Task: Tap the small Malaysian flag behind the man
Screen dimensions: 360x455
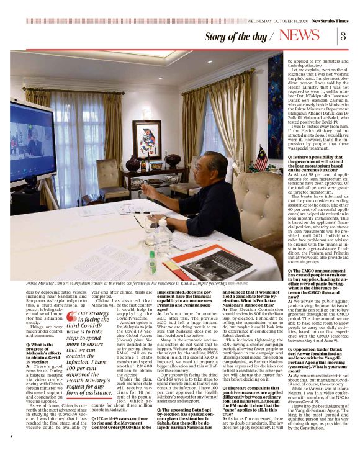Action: click(x=261, y=158)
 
